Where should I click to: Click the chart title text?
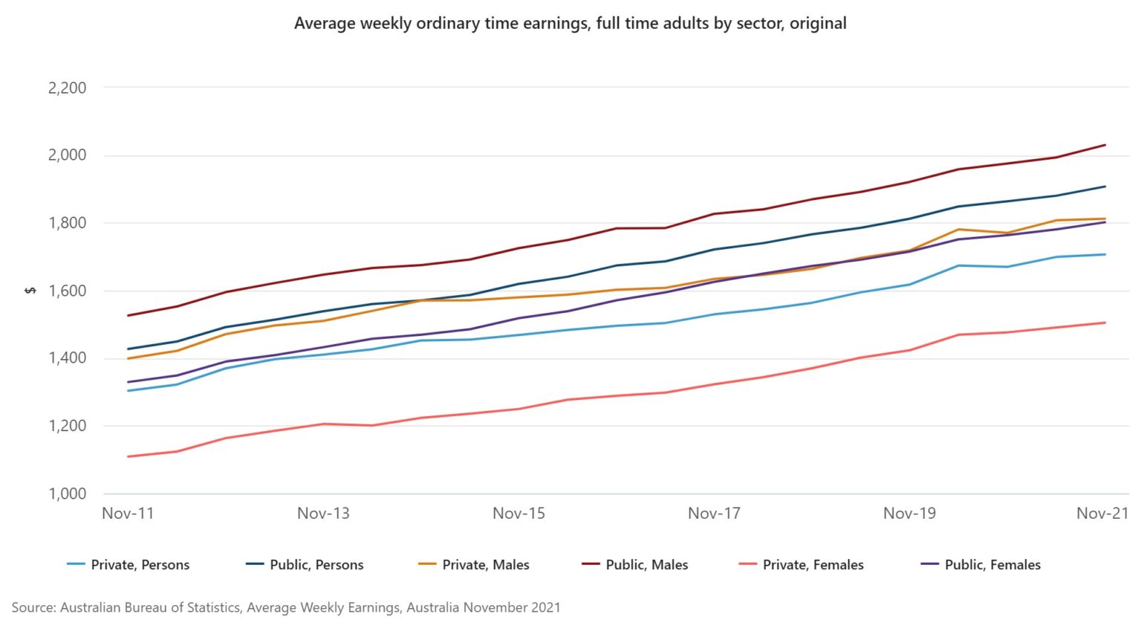tap(570, 23)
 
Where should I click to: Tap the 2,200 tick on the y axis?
tap(67, 88)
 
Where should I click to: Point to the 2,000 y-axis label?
tap(67, 155)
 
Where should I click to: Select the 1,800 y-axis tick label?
tap(67, 223)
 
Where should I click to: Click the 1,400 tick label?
tap(67, 358)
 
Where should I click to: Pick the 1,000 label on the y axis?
tap(67, 494)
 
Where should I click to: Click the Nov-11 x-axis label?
tap(128, 514)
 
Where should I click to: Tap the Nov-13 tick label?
tap(323, 514)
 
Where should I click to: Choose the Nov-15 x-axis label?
tap(519, 514)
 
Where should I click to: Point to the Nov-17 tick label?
tap(714, 514)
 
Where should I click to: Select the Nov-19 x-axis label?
tap(909, 514)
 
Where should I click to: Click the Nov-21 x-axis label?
tap(1102, 514)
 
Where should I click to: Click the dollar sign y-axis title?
tap(30, 291)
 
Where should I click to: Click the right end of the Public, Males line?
tap(1105, 145)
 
